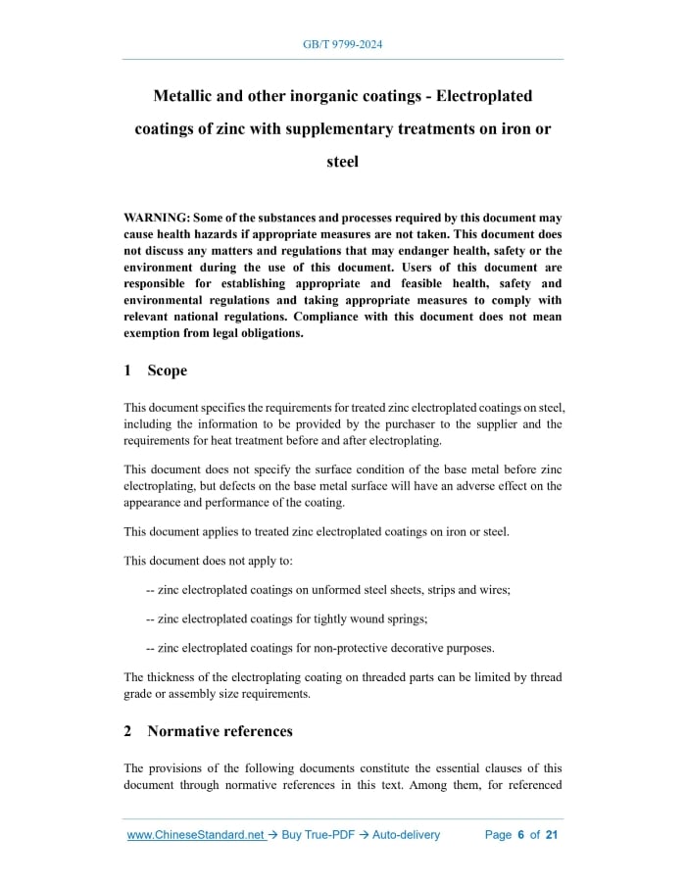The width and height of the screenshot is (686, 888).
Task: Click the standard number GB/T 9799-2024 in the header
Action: [342, 45]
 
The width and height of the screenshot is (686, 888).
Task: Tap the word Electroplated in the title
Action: [484, 96]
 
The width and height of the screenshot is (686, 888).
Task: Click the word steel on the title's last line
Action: [342, 162]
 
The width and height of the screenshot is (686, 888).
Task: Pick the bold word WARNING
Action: [156, 218]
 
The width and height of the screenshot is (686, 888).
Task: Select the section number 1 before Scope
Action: [127, 370]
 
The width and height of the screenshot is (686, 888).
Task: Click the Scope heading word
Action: [167, 370]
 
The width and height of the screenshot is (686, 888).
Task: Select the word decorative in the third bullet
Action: [383, 648]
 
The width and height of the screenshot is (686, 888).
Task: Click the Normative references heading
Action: [220, 731]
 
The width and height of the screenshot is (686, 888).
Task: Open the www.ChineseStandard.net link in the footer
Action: [196, 835]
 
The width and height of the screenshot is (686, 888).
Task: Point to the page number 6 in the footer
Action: [521, 835]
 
